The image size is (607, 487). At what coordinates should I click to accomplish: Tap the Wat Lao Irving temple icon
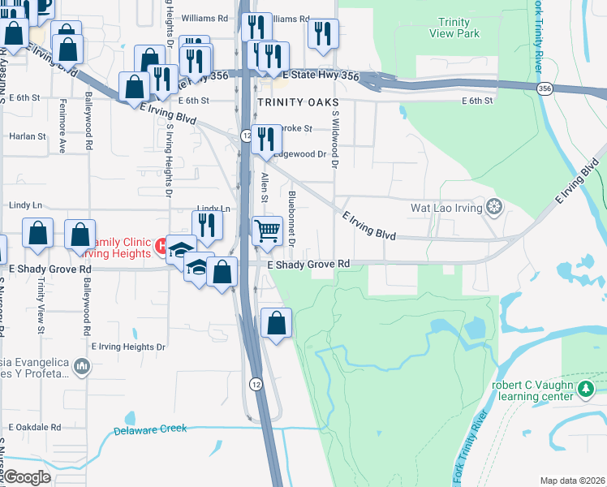[x=493, y=208]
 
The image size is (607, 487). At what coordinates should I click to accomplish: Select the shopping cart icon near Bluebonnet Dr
[x=267, y=231]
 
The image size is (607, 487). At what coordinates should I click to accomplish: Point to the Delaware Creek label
[x=150, y=430]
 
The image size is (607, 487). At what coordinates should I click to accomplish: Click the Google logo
[x=26, y=477]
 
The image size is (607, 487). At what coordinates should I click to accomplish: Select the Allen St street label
[x=264, y=186]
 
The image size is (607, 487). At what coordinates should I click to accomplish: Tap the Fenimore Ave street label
[x=62, y=134]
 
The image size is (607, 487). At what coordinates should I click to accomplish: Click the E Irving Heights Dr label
[x=127, y=347]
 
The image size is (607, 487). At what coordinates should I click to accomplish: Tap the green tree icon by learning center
[x=585, y=391]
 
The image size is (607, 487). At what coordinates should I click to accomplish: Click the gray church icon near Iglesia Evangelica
[x=81, y=368]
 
